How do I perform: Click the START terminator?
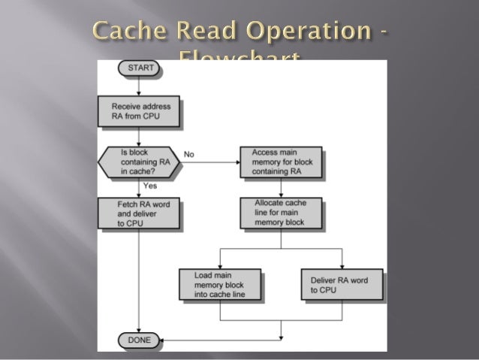coord(140,68)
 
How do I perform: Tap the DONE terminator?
coord(139,340)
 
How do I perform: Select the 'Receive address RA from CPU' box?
coord(140,111)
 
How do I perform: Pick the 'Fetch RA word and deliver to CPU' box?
coord(139,213)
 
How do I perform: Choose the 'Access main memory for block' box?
coord(281,162)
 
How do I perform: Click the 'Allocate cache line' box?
coord(281,213)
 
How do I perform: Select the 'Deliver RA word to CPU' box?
coord(341,285)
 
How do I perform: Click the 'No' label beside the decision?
coord(189,154)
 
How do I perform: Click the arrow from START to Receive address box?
coord(140,84)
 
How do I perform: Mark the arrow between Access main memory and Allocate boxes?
coord(281,188)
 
